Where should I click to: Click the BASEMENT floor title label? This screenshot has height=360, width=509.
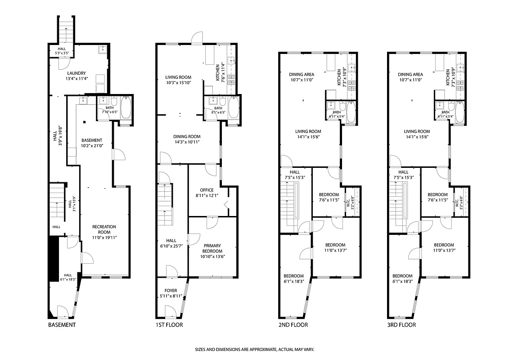tap(62, 325)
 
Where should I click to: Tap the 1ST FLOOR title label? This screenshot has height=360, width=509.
tap(169, 325)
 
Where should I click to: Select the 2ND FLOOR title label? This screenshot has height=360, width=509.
tap(293, 325)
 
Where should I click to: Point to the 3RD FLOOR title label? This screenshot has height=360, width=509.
tap(401, 325)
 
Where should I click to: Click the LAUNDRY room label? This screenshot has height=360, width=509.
tap(76, 73)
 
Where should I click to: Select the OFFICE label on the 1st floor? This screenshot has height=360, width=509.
tap(205, 190)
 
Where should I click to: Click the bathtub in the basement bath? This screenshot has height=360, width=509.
tap(126, 107)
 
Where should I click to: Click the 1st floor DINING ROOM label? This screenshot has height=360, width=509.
tap(187, 136)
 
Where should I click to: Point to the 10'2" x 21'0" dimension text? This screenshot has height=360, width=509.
tap(92, 146)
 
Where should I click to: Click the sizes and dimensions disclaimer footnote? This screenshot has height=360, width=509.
tap(254, 350)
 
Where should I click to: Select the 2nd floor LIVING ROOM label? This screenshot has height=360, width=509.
tap(308, 131)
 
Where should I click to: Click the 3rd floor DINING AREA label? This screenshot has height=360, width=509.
tap(410, 75)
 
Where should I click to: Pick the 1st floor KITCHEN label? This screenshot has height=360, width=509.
tap(218, 72)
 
